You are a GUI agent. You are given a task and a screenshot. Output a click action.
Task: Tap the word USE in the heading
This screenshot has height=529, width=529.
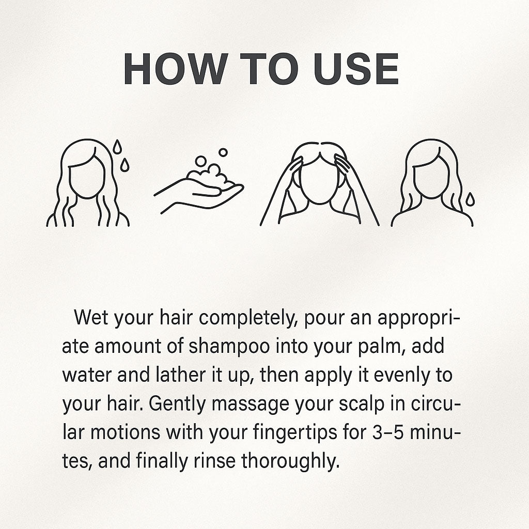[x=356, y=69]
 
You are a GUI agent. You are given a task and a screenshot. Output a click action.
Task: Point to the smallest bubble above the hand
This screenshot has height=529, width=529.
[x=223, y=152]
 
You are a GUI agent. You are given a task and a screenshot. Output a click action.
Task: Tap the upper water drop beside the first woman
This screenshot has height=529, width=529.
[x=117, y=146]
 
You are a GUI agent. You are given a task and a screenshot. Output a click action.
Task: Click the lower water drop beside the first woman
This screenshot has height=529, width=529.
[x=125, y=165]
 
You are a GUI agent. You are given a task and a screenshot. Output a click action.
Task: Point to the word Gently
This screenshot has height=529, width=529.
[x=177, y=404]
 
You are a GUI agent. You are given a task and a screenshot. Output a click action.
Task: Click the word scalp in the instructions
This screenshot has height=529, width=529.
[x=361, y=404]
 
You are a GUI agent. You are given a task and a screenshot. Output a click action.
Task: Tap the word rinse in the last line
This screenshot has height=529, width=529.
[x=214, y=461]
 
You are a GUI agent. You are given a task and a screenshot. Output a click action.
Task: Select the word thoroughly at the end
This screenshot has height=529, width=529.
[x=290, y=462]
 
